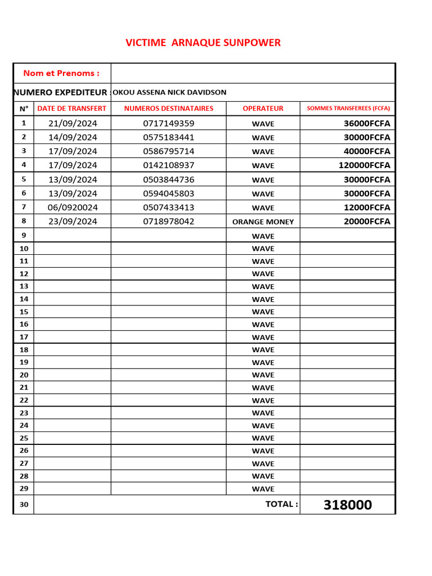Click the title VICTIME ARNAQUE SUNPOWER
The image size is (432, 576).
click(203, 43)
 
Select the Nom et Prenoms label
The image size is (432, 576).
click(61, 73)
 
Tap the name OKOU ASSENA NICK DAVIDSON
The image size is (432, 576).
click(170, 92)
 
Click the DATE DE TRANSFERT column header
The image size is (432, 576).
click(72, 109)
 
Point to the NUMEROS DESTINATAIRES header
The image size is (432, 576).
click(169, 109)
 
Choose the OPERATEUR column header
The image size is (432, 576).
click(263, 109)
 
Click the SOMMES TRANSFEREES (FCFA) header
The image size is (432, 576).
click(348, 109)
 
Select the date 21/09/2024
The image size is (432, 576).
click(73, 123)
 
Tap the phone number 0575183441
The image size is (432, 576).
click(169, 137)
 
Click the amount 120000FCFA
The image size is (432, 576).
click(364, 165)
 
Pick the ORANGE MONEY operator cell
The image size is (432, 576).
click(263, 222)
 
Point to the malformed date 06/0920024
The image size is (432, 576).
click(73, 208)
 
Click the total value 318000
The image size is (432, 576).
click(348, 505)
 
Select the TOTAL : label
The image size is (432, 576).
click(282, 504)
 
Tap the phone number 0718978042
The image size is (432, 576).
click(169, 222)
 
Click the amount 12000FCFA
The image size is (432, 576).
click(367, 208)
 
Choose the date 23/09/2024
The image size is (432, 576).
click(73, 222)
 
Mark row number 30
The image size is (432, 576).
click(24, 505)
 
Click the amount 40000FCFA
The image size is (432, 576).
click(367, 151)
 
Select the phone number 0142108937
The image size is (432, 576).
click(169, 165)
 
